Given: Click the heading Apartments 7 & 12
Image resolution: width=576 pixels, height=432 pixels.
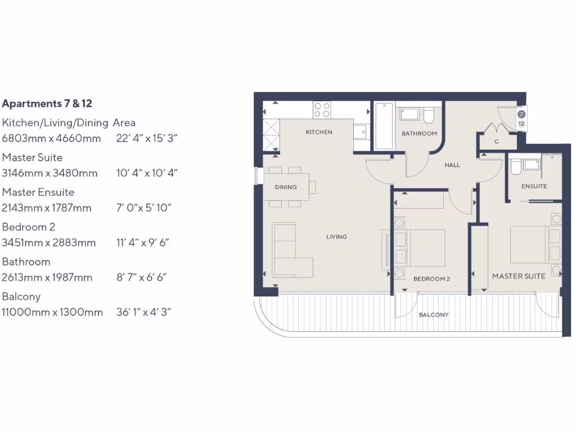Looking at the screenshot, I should point(47,104).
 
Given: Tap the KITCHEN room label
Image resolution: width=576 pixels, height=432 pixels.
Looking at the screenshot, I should point(319,133).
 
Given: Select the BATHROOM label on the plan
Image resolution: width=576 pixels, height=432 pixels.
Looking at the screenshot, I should point(419,134).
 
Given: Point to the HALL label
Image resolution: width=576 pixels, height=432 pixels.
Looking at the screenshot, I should point(452,165).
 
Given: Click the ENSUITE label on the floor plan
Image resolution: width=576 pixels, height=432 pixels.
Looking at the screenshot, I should point(534,186).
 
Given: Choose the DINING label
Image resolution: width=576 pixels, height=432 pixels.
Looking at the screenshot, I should point(286,187).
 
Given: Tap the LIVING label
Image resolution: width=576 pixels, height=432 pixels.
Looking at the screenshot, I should point(336,237).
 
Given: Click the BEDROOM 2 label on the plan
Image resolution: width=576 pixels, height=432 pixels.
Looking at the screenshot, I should point(431,279).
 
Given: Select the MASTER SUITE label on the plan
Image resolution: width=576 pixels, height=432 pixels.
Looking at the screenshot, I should point(519,276).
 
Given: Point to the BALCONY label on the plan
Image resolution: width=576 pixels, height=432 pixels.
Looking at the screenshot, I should point(434,315).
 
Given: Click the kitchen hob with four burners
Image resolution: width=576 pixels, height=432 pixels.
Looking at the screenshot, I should point(322,109).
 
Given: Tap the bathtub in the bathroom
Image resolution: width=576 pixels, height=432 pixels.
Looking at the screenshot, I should point(384,126).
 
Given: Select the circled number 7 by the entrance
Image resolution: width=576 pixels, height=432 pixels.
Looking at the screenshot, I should point(521,114).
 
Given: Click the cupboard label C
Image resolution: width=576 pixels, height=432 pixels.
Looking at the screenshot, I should point(497,142).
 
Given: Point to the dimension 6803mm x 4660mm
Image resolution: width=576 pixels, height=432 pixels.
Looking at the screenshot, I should point(52,138).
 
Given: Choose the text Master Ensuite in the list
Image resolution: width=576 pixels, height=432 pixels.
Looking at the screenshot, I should point(38,192).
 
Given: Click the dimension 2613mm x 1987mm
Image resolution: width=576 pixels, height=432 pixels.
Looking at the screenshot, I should point(52,278).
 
